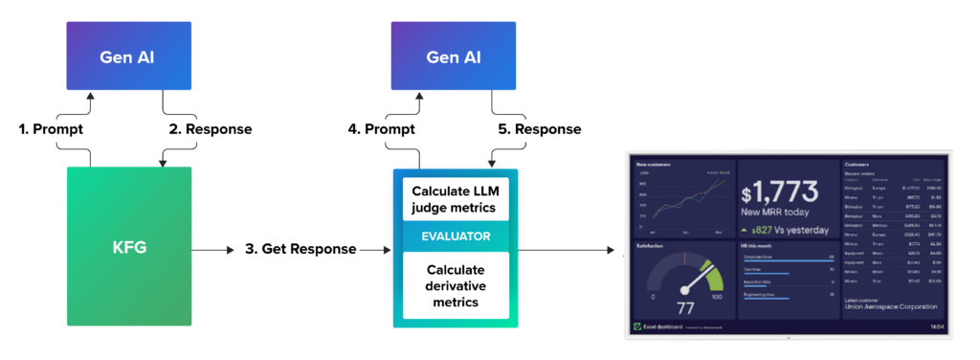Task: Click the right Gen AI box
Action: tap(455, 56)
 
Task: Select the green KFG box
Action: tap(129, 249)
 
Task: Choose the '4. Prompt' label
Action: tap(379, 128)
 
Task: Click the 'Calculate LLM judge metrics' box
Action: tap(455, 197)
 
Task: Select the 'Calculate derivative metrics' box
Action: tap(455, 285)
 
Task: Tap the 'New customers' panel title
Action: tap(653, 164)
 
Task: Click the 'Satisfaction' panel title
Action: tap(650, 246)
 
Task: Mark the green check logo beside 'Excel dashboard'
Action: tap(635, 327)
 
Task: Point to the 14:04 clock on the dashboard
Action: tap(938, 327)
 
